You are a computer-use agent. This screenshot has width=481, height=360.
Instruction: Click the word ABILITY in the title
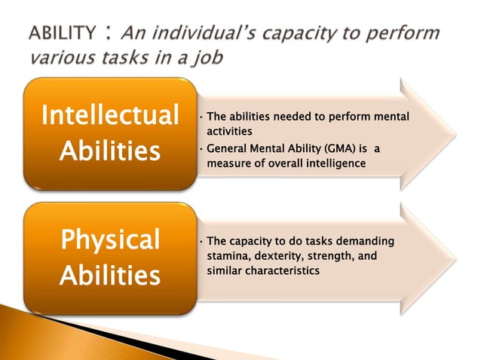(x=63, y=34)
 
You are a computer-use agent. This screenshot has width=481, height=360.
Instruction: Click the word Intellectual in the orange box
(x=110, y=117)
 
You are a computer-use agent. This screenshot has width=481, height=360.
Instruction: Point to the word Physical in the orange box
(x=110, y=239)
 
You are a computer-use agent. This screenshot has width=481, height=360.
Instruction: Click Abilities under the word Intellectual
(x=110, y=152)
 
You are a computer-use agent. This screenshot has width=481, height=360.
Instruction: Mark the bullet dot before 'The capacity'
(x=200, y=243)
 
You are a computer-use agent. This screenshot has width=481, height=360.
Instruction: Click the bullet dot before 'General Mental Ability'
(x=200, y=148)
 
